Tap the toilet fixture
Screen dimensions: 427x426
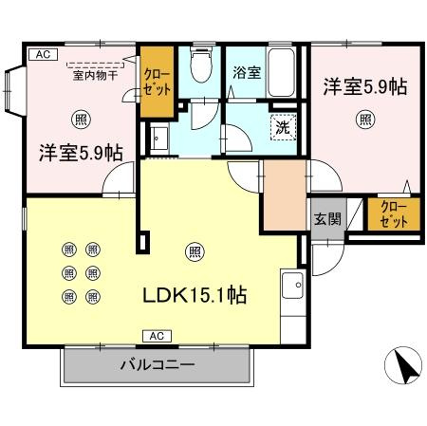pos(200,65)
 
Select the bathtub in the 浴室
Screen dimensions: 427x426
pos(281,72)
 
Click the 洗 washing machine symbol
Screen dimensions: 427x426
pos(283,127)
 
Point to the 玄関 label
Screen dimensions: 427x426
pos(327,218)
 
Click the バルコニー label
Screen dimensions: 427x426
pos(158,365)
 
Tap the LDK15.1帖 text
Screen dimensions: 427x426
pos(195,295)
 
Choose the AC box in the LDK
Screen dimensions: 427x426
pos(157,336)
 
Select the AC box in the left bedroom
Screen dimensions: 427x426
pos(43,54)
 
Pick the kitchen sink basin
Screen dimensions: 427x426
pos(292,286)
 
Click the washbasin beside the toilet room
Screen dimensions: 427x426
pos(159,139)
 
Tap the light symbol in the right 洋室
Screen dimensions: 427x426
pos(365,120)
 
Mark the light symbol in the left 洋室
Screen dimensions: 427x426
pos(82,120)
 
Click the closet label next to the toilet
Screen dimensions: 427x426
pos(157,83)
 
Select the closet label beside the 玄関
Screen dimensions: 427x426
pos(394,214)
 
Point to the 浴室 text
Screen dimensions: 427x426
pos(247,72)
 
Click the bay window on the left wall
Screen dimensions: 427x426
pos(15,91)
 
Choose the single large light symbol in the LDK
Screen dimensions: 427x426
pos(195,251)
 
